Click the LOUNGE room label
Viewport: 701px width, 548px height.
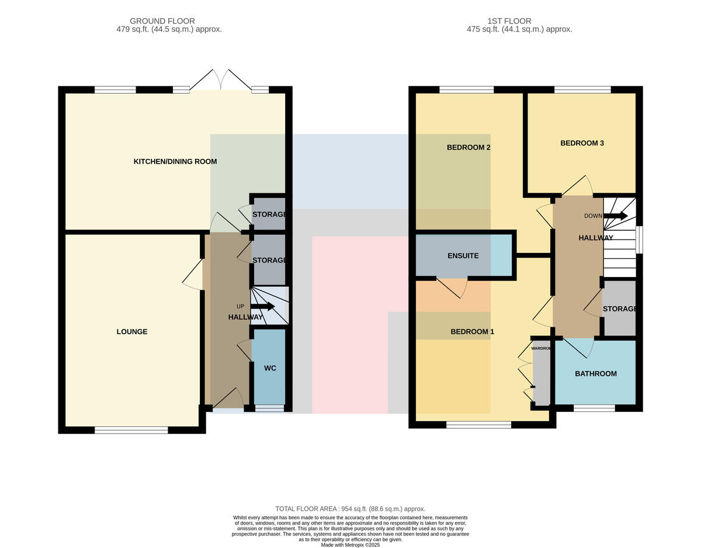click(132, 332)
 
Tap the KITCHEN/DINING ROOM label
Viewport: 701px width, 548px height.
click(175, 162)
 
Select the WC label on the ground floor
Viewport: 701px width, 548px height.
click(270, 368)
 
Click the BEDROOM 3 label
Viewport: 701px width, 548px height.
click(582, 143)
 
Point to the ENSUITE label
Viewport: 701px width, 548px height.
click(463, 256)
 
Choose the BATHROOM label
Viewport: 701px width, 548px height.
click(596, 374)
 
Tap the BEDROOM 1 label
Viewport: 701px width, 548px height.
click(472, 332)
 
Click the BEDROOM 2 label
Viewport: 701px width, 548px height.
click(469, 147)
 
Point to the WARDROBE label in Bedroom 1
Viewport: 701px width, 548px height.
click(541, 349)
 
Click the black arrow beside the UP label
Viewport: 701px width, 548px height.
click(263, 306)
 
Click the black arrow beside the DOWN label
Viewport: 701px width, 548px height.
click(616, 216)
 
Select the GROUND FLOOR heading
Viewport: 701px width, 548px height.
click(162, 21)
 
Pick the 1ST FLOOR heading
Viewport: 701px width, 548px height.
click(509, 21)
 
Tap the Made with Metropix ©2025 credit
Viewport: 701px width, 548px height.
click(350, 545)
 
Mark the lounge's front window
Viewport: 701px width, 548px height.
click(131, 430)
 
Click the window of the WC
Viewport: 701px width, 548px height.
click(270, 408)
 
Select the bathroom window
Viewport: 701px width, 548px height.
click(594, 408)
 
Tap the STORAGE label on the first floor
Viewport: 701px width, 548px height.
click(619, 308)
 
